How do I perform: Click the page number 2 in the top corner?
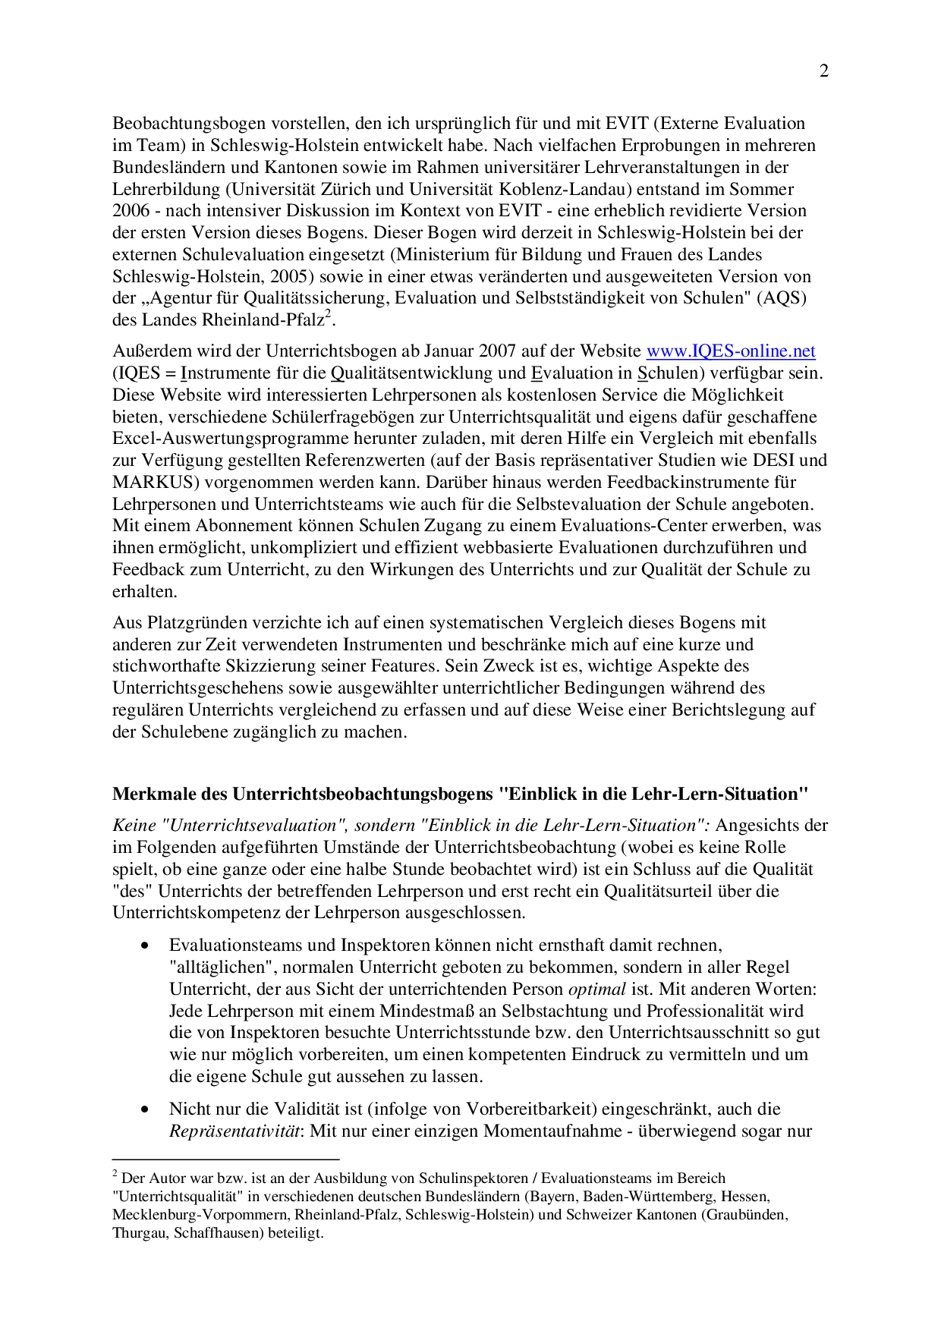click(824, 71)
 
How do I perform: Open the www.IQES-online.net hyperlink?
click(730, 351)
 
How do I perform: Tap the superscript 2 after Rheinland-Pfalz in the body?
click(328, 315)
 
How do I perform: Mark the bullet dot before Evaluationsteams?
click(145, 946)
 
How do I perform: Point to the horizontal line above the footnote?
click(225, 1160)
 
